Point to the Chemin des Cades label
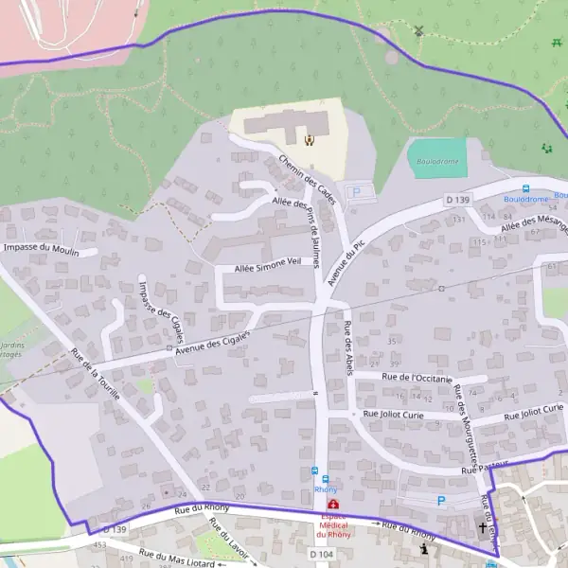(x=309, y=172)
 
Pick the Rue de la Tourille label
(x=95, y=374)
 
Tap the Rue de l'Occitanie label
(x=417, y=377)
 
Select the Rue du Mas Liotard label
(x=177, y=558)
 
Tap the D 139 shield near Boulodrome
(x=457, y=200)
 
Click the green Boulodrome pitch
(x=437, y=158)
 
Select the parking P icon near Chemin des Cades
(x=358, y=192)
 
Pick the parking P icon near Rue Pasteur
(x=439, y=500)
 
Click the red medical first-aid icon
(x=332, y=504)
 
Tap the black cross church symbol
(x=482, y=527)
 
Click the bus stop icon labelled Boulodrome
(x=526, y=188)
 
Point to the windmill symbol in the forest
(x=418, y=29)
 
